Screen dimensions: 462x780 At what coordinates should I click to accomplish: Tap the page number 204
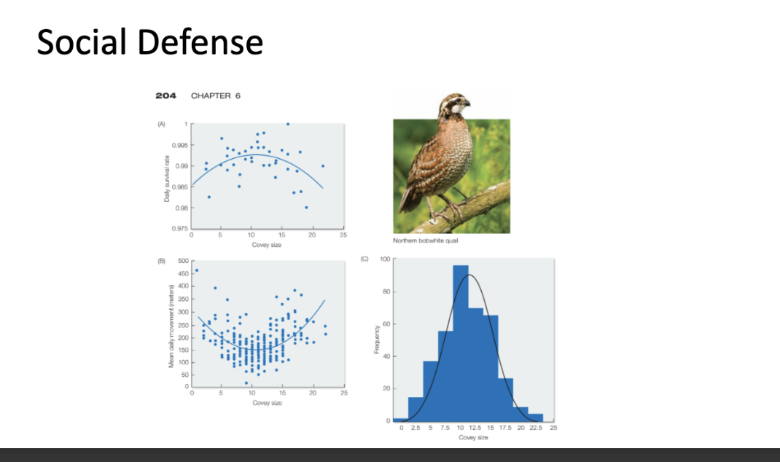pos(165,96)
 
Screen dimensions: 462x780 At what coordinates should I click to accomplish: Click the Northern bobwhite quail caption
pos(425,241)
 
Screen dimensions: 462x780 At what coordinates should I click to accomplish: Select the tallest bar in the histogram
pos(460,342)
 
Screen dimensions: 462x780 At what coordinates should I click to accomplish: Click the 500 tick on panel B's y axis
pos(183,260)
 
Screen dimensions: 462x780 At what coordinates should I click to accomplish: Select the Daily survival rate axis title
pos(167,176)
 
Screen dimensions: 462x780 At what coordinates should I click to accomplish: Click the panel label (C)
pos(364,259)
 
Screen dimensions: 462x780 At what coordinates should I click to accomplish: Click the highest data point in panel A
pos(288,124)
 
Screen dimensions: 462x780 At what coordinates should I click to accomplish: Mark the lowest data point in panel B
pos(246,383)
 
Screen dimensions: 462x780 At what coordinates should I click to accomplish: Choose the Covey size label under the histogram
pos(472,437)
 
